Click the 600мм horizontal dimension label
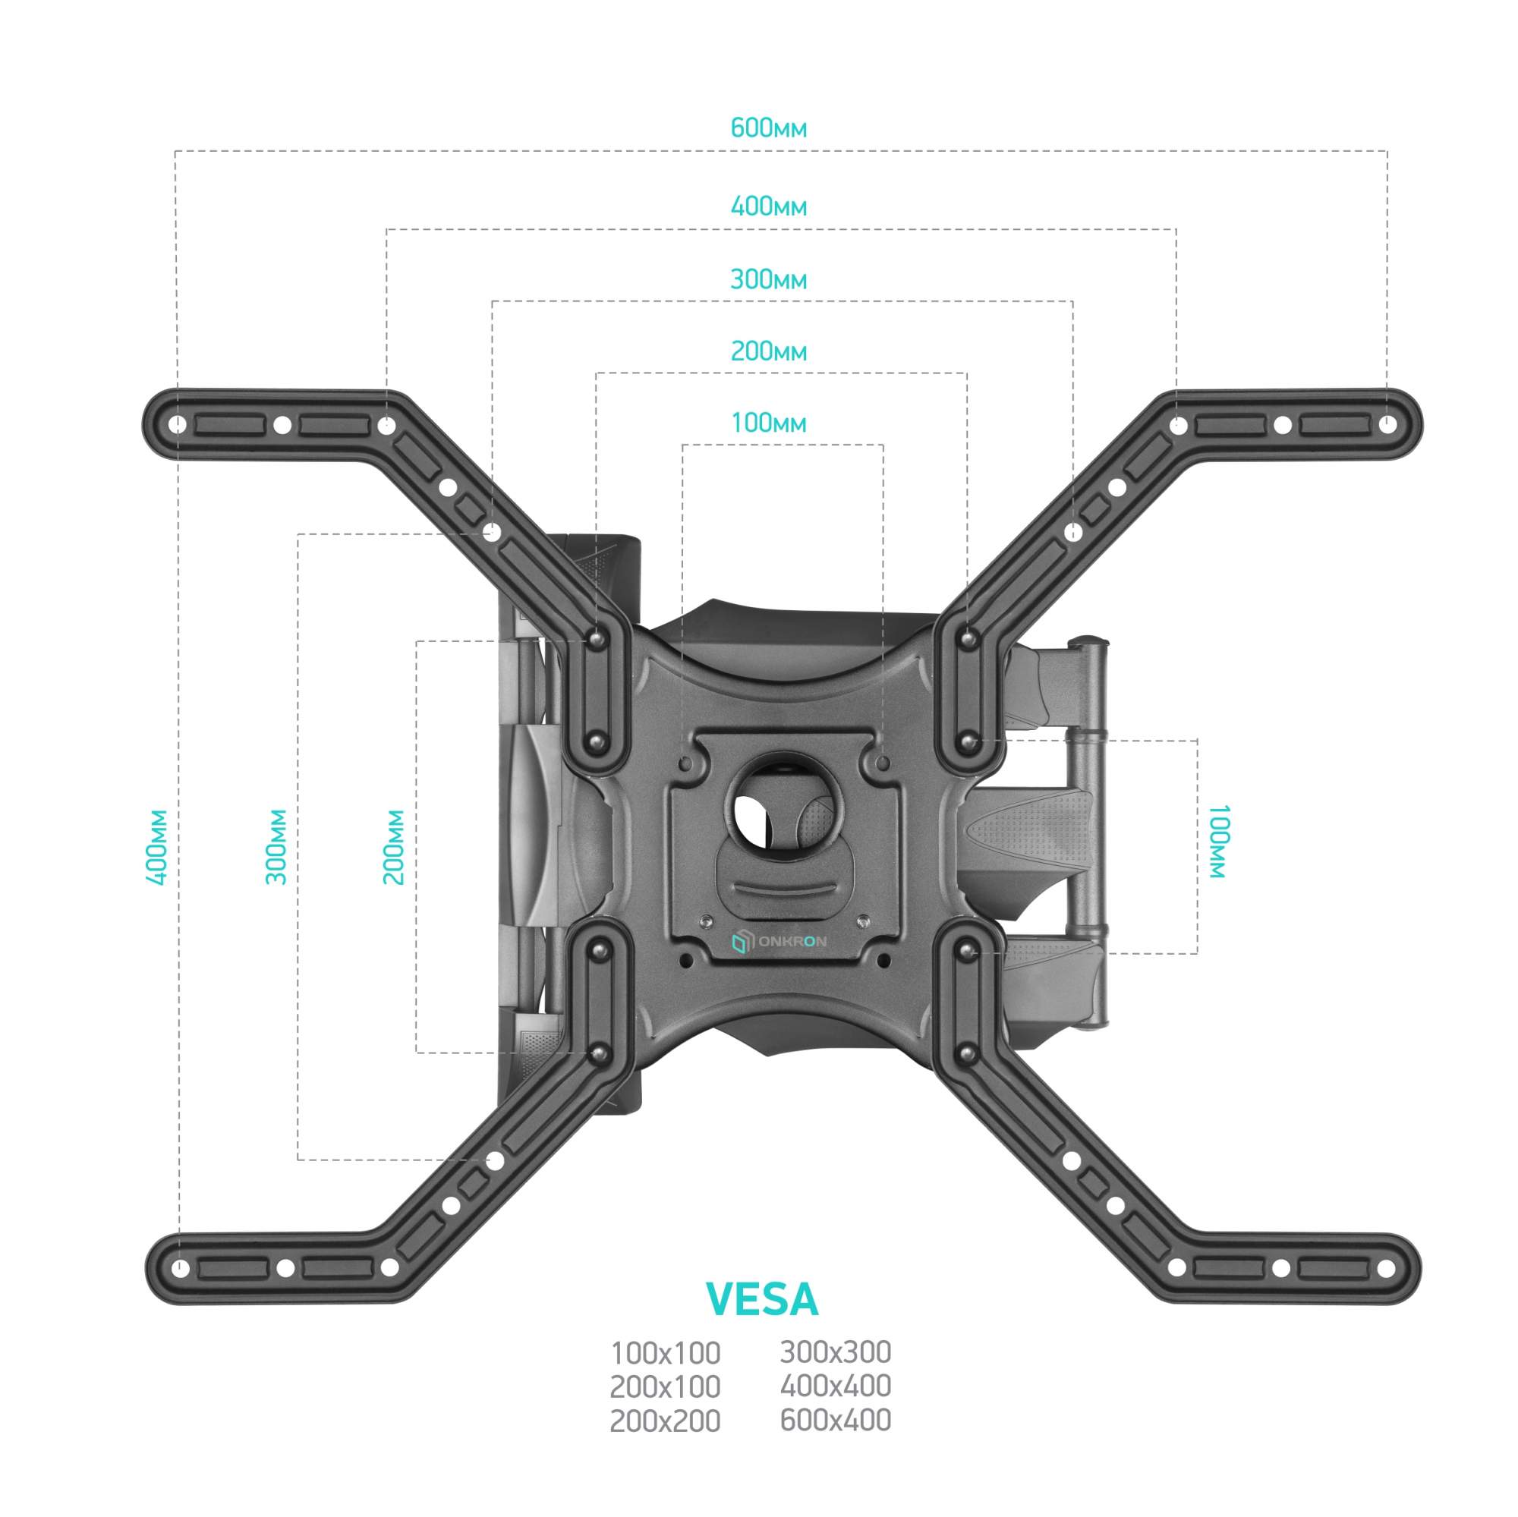768,128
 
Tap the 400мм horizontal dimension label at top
768,206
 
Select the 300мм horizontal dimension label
768,280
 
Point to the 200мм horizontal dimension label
768,351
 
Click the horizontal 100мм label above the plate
768,423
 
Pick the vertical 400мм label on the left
158,847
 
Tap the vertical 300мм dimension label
276,847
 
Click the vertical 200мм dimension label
394,847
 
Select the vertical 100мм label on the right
1217,842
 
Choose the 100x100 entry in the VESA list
666,1355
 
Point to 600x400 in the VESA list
835,1421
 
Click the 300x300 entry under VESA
835,1353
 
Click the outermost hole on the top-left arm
179,425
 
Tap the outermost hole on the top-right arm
1387,425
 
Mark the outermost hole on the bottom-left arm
181,1269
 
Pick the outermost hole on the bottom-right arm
1386,1269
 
